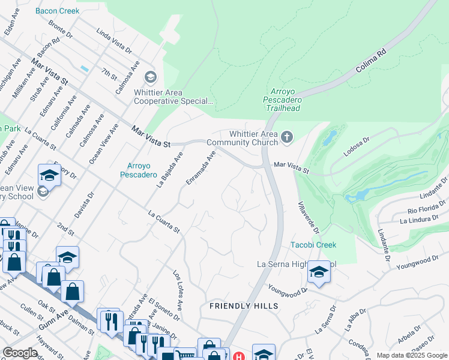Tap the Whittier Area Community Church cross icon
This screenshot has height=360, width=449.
pos(287,138)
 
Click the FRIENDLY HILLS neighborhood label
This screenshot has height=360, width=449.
pos(244,306)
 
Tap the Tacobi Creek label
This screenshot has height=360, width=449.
pos(313,245)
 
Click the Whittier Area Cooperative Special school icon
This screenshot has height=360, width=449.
pos(150,77)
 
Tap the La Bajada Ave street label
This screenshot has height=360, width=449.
pos(169,170)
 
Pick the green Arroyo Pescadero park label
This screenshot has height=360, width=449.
pos(143,171)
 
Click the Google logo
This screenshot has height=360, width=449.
pos(20,353)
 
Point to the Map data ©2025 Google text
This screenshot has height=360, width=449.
pos(411,355)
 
